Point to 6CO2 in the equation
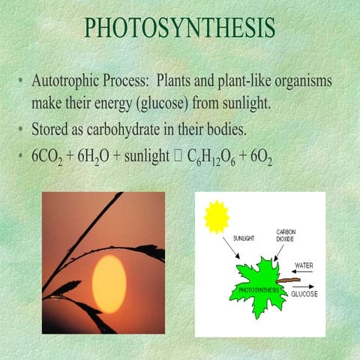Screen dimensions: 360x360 click(x=47, y=158)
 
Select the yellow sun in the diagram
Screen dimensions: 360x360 click(x=216, y=217)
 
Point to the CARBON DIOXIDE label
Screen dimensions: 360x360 click(x=286, y=236)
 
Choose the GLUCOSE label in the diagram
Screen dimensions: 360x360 click(x=304, y=294)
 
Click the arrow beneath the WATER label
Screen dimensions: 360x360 click(x=303, y=272)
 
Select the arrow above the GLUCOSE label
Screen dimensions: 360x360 click(x=302, y=286)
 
